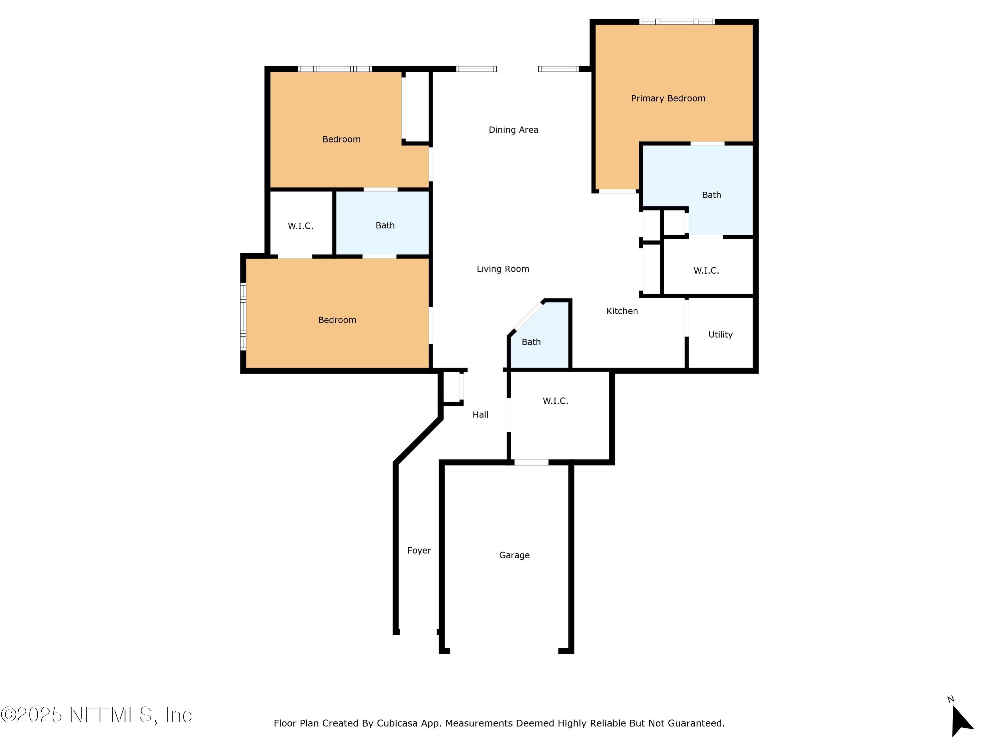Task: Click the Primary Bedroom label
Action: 668,99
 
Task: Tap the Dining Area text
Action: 513,130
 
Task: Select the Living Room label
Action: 502,269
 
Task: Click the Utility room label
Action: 720,335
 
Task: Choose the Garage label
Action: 514,555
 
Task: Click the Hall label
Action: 480,414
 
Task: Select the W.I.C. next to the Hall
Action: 555,401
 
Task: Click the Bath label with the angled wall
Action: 531,342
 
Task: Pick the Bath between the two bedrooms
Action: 385,225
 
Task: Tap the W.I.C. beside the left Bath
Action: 300,226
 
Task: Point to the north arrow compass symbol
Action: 961,721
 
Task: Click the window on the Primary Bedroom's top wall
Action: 677,22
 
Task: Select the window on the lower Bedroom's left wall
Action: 243,316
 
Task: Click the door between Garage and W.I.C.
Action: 531,462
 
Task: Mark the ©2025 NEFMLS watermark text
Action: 96,715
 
